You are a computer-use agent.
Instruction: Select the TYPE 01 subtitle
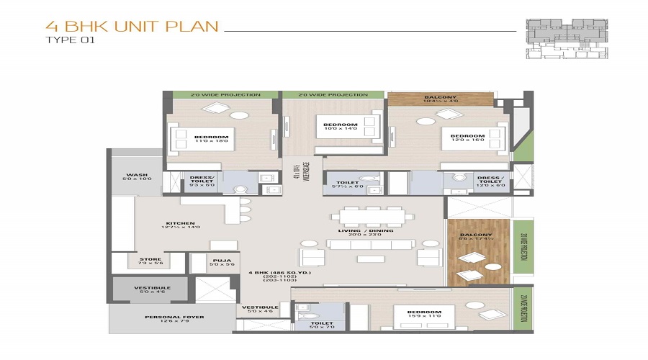pyautogui.click(x=70, y=40)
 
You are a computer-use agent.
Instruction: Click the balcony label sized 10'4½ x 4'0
pyautogui.click(x=441, y=98)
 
